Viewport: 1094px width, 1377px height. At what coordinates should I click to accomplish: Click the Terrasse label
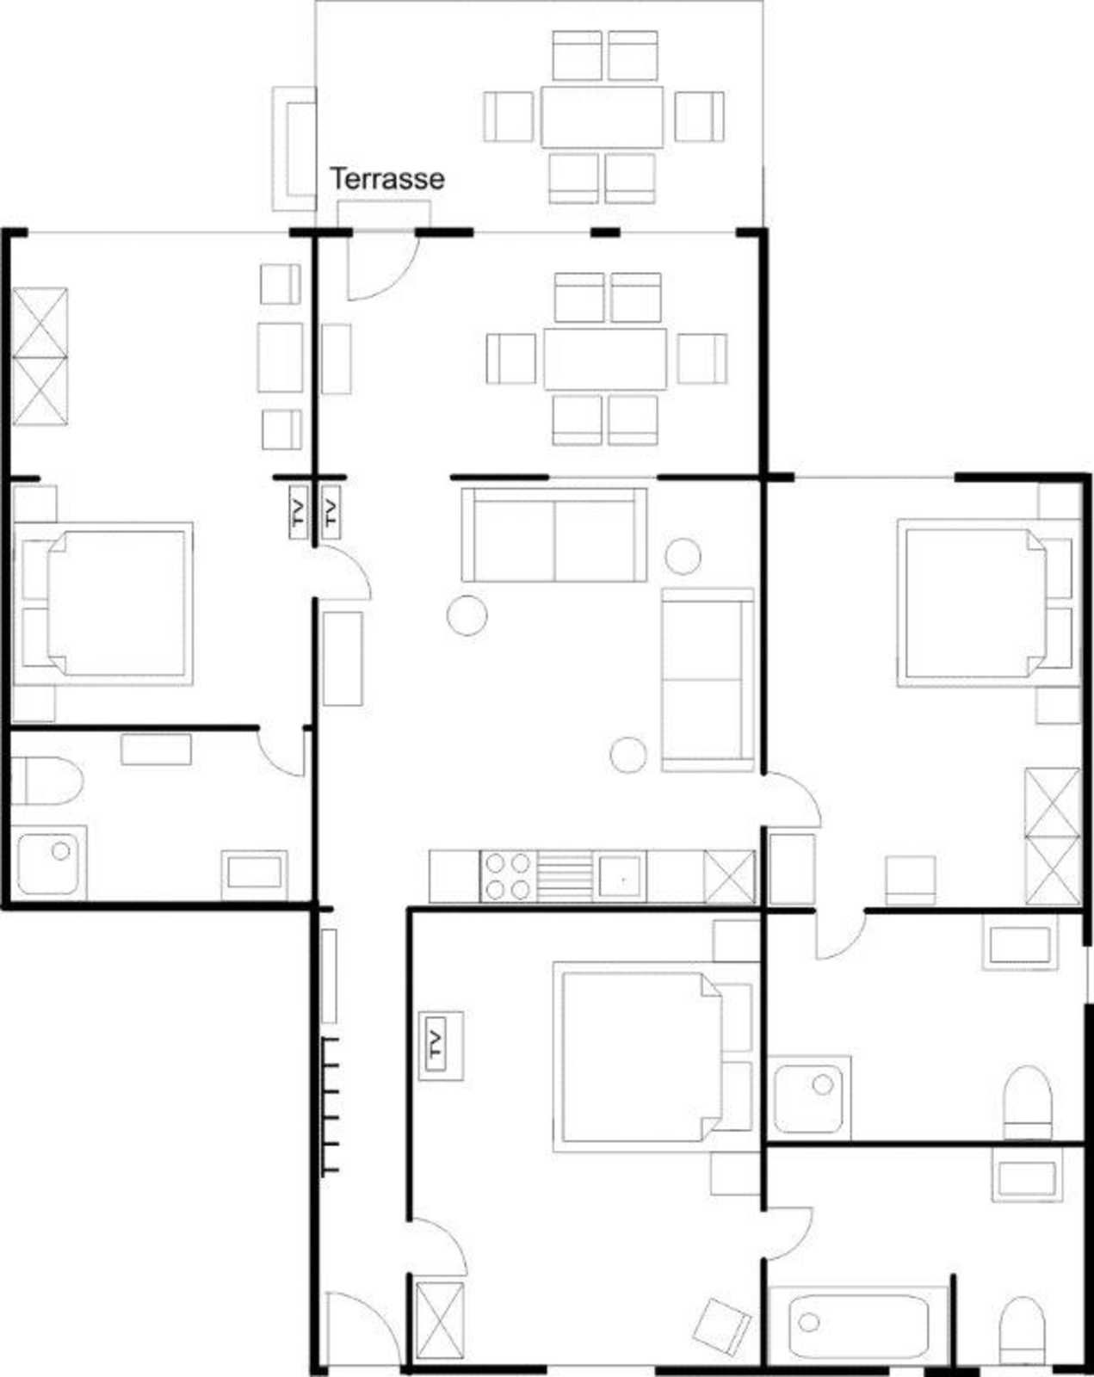pos(386,178)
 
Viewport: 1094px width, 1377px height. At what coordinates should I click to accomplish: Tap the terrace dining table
pos(602,117)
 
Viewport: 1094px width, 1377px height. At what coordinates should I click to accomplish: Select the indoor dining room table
pos(605,359)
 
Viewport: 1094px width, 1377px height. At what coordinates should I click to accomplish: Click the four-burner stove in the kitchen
pos(509,877)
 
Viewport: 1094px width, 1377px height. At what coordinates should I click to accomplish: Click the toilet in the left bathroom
pos(47,781)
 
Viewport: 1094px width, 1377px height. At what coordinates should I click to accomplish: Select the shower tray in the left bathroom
pos(49,864)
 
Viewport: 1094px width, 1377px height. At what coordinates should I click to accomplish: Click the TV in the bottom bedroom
pos(436,1047)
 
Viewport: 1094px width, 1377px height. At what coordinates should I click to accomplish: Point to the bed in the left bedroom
pos(103,603)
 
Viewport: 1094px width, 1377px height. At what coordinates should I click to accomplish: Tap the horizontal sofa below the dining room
pos(553,534)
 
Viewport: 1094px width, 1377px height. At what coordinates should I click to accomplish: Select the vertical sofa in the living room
pos(708,680)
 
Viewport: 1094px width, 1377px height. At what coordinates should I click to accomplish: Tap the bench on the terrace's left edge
pos(294,148)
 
